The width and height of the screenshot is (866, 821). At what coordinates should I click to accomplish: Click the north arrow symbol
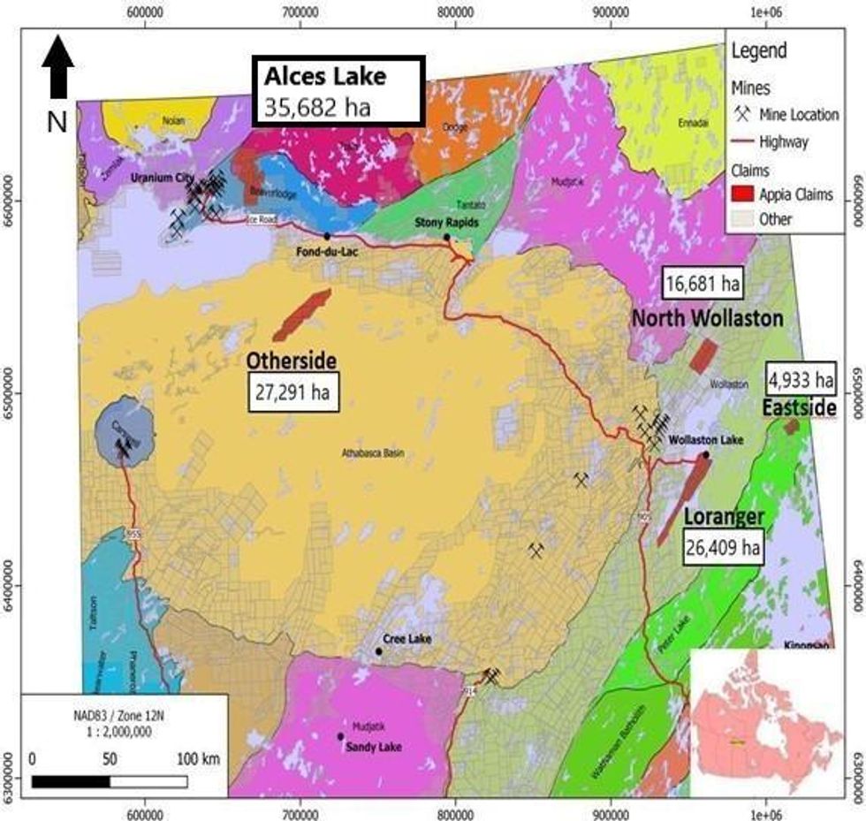[x=57, y=67]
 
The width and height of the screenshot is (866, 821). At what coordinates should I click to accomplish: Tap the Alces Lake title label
[x=325, y=76]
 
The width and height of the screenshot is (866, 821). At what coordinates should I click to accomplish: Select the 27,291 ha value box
[x=292, y=392]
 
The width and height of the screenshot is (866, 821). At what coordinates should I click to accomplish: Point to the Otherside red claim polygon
[x=300, y=315]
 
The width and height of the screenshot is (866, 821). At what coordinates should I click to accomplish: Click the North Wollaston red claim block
[x=703, y=356]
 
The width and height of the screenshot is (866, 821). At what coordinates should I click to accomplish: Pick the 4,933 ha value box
[x=800, y=380]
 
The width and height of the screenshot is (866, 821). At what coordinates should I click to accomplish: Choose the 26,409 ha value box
[x=723, y=547]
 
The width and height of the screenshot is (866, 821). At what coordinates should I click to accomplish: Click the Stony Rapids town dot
[x=447, y=237]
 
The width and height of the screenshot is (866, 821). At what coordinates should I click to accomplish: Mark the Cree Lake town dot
[x=379, y=651]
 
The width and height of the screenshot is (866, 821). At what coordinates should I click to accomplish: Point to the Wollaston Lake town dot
[x=705, y=455]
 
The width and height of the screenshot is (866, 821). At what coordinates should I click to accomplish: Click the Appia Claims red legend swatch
[x=745, y=194]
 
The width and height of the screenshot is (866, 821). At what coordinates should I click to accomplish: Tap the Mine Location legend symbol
[x=744, y=114]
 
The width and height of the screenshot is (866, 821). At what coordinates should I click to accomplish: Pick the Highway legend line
[x=745, y=141]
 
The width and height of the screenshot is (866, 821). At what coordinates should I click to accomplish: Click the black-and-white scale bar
[x=109, y=781]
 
